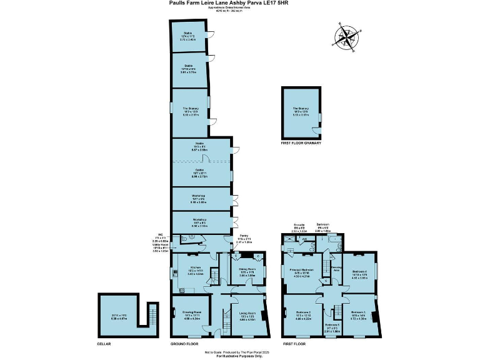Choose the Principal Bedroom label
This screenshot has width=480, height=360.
click(x=304, y=270)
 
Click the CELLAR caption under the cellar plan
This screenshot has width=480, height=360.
click(x=104, y=344)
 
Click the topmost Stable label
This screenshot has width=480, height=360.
click(x=187, y=35)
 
